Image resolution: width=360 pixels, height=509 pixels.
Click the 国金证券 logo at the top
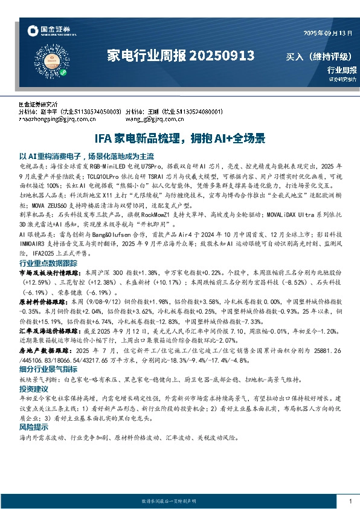click(x=48, y=29)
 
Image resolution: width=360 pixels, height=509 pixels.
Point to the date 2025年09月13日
click(x=326, y=33)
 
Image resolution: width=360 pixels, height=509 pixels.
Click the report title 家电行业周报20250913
click(x=180, y=56)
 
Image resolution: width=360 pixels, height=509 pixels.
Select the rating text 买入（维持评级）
click(x=318, y=57)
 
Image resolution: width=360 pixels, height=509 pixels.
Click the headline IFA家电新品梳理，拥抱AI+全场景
click(x=180, y=138)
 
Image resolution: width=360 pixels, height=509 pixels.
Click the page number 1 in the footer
click(x=350, y=501)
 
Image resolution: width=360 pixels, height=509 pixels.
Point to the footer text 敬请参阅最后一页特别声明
click(x=180, y=502)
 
